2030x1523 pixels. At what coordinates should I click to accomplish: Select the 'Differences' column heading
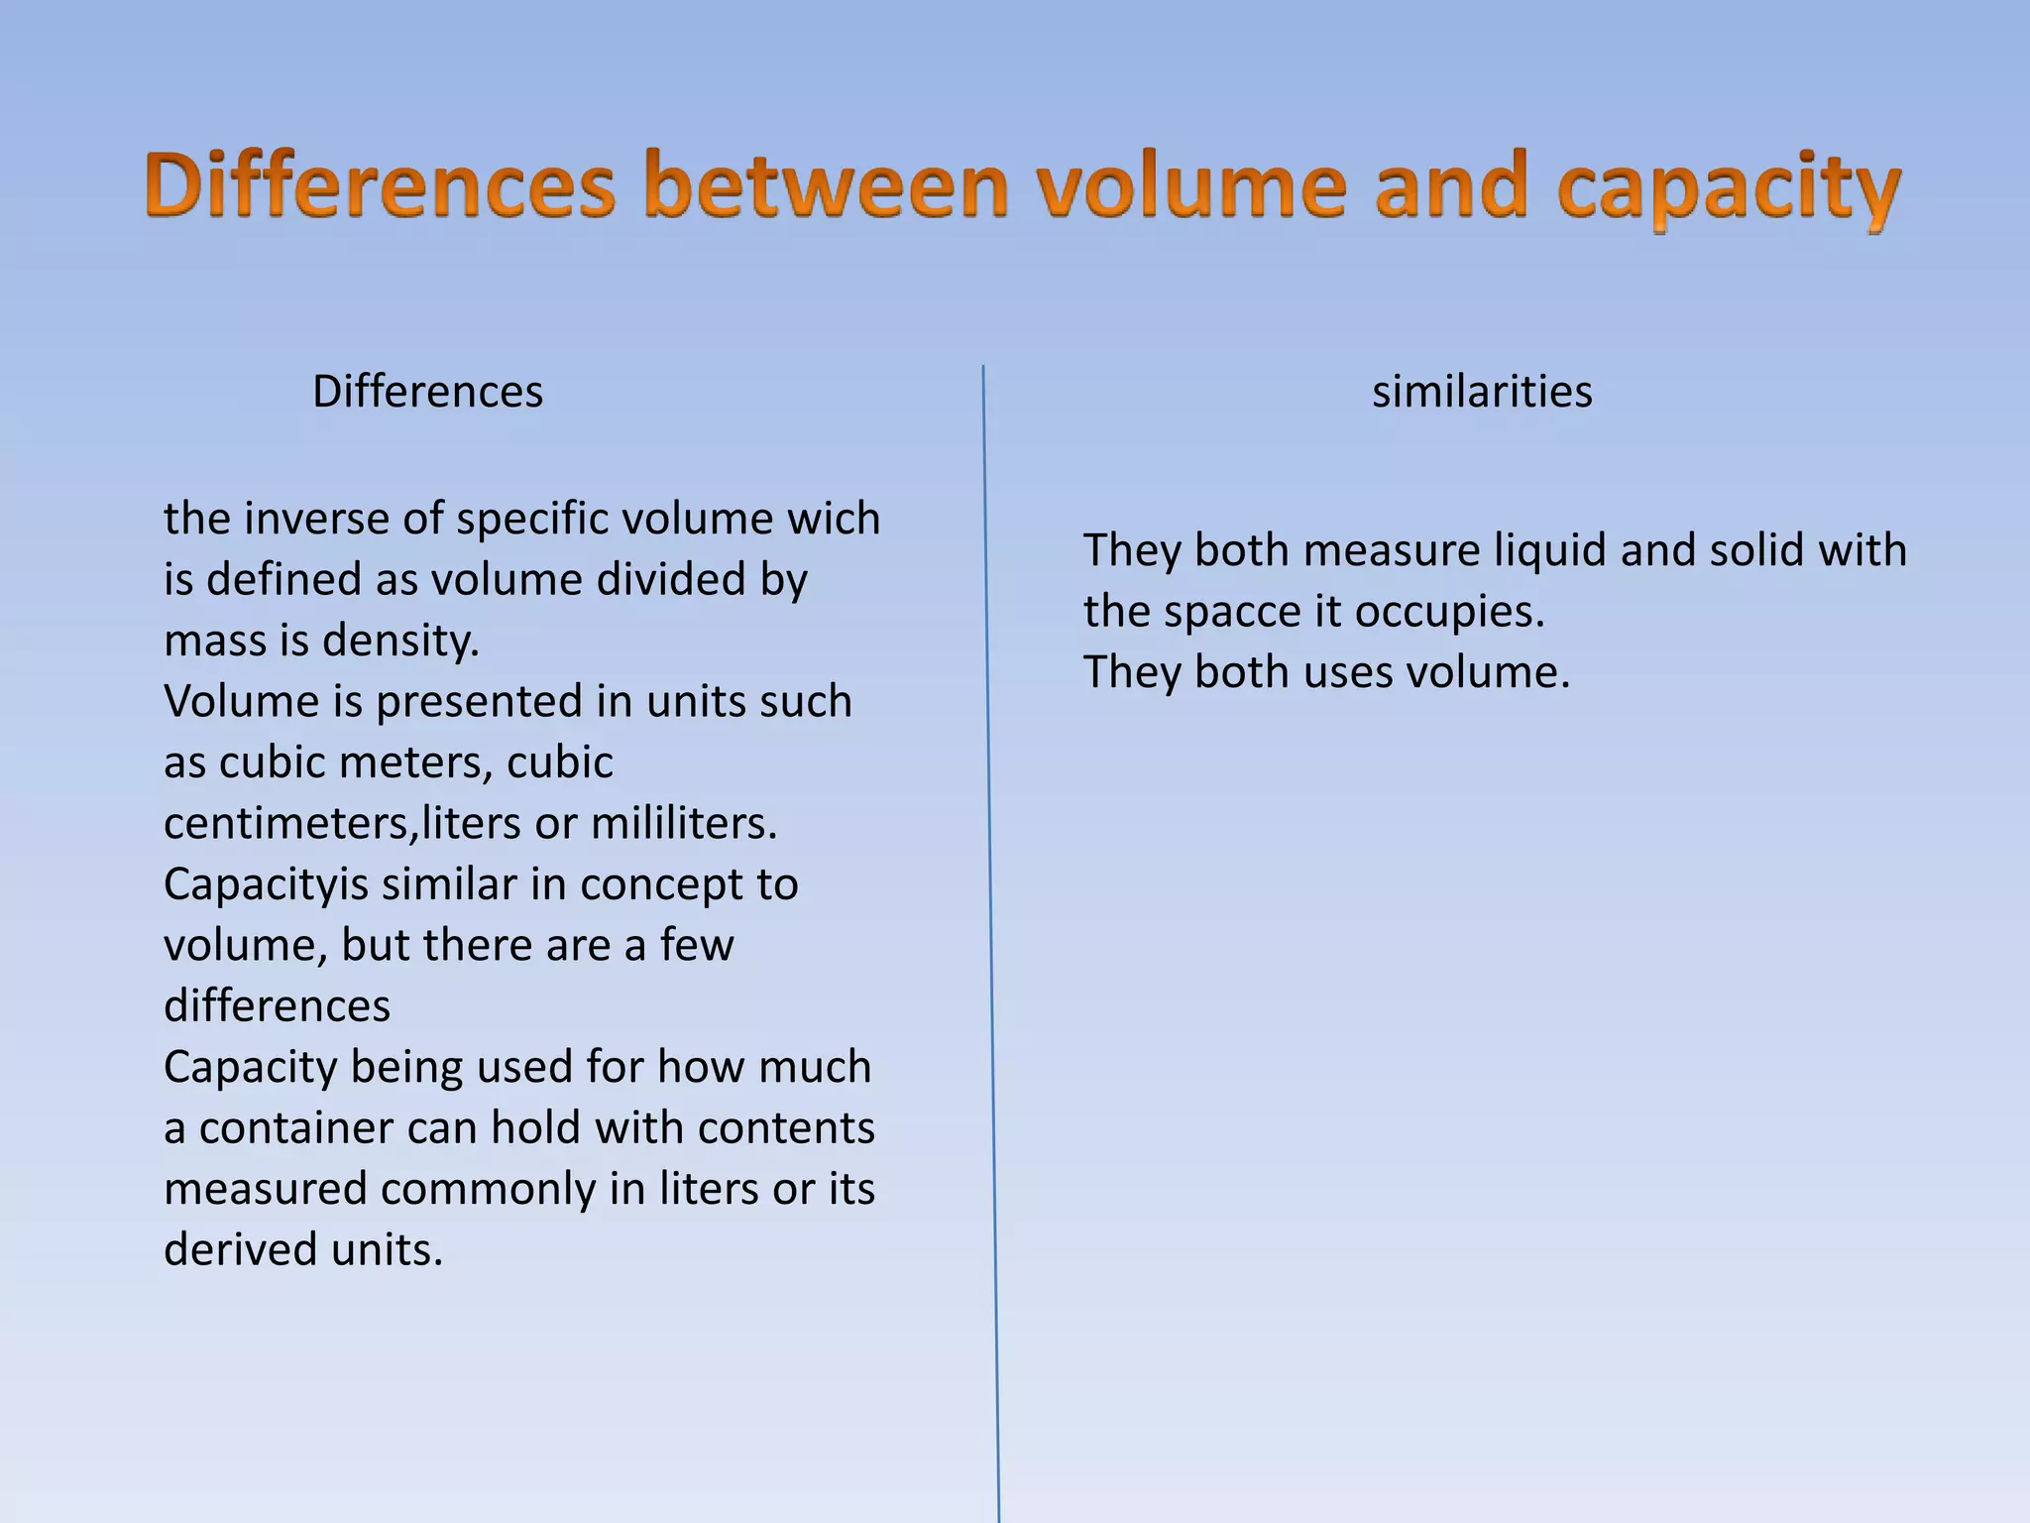tap(427, 392)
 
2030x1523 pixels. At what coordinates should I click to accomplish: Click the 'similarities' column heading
tap(1482, 392)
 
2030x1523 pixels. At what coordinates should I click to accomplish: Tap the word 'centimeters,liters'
tap(342, 824)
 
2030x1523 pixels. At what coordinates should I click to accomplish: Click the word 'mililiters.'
tap(684, 824)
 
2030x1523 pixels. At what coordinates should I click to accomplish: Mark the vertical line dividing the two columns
tap(990, 942)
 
